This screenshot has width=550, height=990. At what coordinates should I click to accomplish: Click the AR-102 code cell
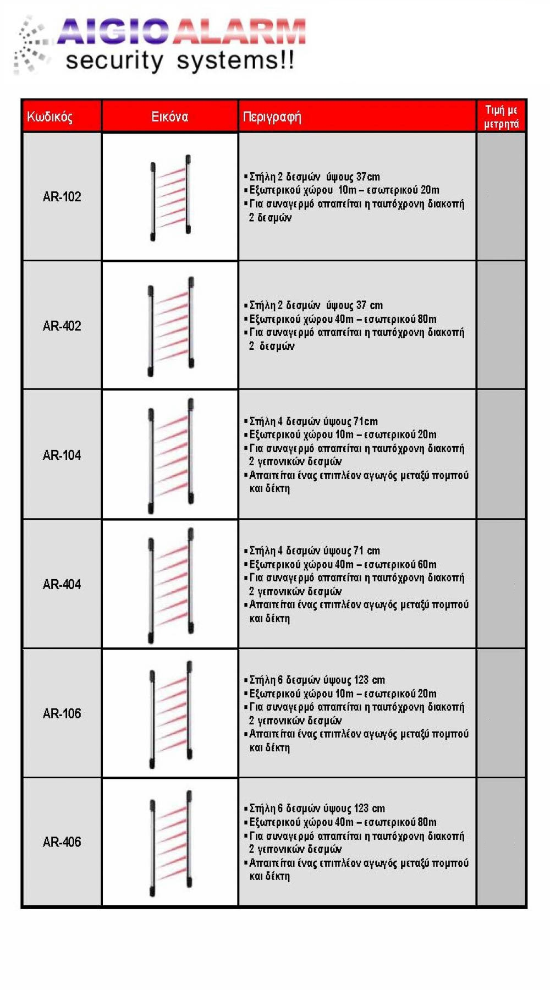point(62,197)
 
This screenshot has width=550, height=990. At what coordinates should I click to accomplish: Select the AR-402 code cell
point(62,326)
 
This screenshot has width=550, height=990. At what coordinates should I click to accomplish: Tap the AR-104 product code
point(62,455)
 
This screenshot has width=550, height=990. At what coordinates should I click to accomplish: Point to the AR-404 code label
point(62,585)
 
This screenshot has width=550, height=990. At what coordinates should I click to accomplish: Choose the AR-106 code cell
point(62,714)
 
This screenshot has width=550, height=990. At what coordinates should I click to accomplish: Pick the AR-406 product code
point(62,842)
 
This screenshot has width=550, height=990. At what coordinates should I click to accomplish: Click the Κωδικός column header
point(50,117)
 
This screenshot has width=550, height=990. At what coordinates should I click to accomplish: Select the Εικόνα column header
point(169,117)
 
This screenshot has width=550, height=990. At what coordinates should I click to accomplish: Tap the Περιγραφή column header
point(272,117)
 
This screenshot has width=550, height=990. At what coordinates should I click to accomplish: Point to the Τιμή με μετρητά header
point(501,117)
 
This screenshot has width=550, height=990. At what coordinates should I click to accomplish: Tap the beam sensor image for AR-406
point(170,843)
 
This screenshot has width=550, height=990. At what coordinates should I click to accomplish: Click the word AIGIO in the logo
point(113,31)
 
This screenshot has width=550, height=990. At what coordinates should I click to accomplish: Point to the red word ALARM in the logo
point(240,31)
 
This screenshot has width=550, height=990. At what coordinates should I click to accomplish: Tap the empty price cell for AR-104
point(501,455)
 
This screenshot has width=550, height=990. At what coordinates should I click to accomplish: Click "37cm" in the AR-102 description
point(368,177)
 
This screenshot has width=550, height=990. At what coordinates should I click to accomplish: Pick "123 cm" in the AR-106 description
point(369,680)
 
